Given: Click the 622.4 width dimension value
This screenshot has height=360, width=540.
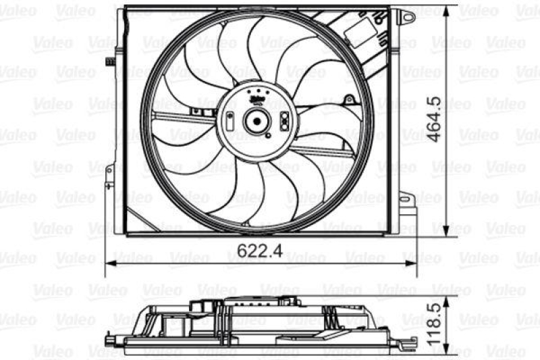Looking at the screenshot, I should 259,251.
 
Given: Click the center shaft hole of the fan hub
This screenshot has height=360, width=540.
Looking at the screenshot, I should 256,122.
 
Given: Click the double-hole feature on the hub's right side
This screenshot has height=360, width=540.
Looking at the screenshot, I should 284,122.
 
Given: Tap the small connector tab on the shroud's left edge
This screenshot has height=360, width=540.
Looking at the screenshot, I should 109,62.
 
